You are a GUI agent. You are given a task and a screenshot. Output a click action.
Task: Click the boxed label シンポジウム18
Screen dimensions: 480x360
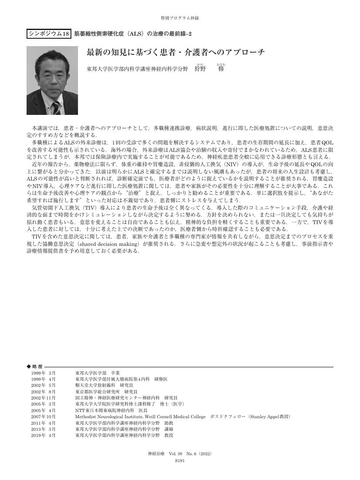point(49,34)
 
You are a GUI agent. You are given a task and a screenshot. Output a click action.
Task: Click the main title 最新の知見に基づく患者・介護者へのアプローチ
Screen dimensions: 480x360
point(175,53)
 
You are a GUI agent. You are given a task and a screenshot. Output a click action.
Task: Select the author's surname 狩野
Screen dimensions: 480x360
point(200,69)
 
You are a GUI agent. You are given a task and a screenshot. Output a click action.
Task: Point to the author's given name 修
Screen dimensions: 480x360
point(221,69)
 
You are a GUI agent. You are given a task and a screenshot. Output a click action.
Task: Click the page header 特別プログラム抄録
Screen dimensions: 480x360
point(180,18)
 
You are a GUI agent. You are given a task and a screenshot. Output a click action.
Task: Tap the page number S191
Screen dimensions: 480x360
point(180,460)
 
